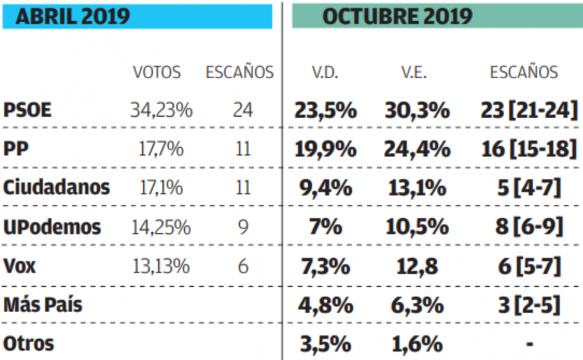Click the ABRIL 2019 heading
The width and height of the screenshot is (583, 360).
[73, 16]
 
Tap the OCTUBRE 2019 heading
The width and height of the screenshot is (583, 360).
[397, 16]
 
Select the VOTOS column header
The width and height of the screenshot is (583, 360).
[157, 73]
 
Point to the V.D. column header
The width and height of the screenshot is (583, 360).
[324, 73]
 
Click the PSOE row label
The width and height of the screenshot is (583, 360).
[28, 110]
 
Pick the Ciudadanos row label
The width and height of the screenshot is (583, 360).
[56, 187]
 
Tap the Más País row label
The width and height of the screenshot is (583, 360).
[43, 305]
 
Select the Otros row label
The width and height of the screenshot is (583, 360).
[29, 343]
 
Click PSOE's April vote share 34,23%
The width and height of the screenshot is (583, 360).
[161, 110]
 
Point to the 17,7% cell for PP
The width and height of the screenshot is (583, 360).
[161, 149]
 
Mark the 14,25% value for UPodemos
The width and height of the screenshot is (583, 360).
[161, 227]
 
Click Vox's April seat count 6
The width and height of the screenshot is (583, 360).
[243, 266]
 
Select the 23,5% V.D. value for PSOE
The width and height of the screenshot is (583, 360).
[325, 110]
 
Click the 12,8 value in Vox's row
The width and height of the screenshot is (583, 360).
[416, 266]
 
